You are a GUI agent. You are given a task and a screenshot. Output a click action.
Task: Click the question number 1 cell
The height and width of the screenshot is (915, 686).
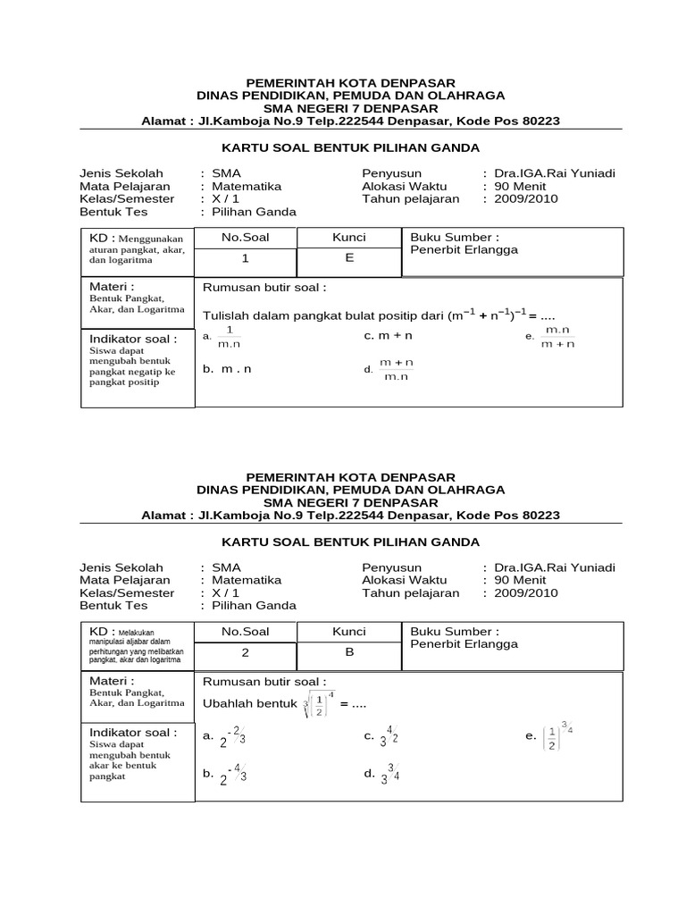point(245,258)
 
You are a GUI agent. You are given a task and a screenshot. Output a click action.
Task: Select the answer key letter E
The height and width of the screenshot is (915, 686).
point(349,258)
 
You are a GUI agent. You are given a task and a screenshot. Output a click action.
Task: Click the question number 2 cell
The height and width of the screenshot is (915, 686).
point(245,652)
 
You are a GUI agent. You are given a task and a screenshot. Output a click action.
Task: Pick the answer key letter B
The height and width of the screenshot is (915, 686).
point(349,652)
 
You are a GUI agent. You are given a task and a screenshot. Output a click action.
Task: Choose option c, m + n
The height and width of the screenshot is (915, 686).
point(388,336)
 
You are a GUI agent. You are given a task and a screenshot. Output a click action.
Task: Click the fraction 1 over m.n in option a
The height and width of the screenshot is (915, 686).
point(229,336)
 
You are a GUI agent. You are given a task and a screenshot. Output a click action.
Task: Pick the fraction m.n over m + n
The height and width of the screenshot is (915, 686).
point(557,336)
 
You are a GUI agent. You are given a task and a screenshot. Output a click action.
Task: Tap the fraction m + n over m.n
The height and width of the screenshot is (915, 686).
point(396,369)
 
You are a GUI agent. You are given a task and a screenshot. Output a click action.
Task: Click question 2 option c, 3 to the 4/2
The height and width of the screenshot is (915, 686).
point(389,738)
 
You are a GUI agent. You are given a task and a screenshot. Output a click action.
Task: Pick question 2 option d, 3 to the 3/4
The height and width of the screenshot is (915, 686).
point(389,775)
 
